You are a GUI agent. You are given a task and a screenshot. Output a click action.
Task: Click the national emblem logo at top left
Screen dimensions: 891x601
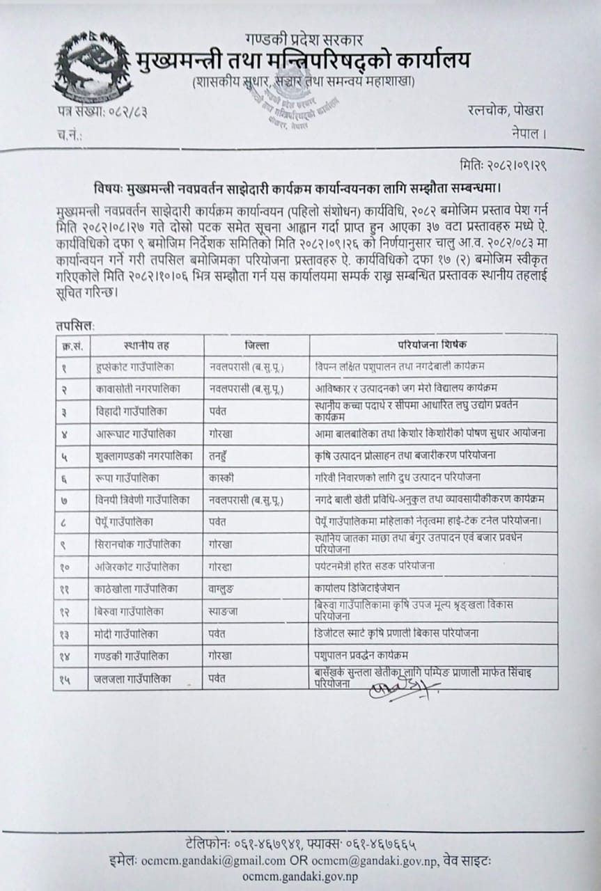point(82,67)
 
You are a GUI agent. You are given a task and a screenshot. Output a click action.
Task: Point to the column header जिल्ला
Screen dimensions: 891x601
point(257,345)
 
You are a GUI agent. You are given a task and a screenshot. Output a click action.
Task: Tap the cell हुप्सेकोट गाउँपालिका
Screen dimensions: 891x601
point(141,365)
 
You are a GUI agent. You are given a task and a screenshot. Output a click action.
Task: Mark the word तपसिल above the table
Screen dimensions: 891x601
point(73,324)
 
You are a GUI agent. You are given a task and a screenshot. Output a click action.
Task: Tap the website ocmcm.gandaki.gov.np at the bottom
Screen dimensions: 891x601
point(301,876)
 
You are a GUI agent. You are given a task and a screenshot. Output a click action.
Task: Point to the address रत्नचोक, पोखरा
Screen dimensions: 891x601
point(506,110)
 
